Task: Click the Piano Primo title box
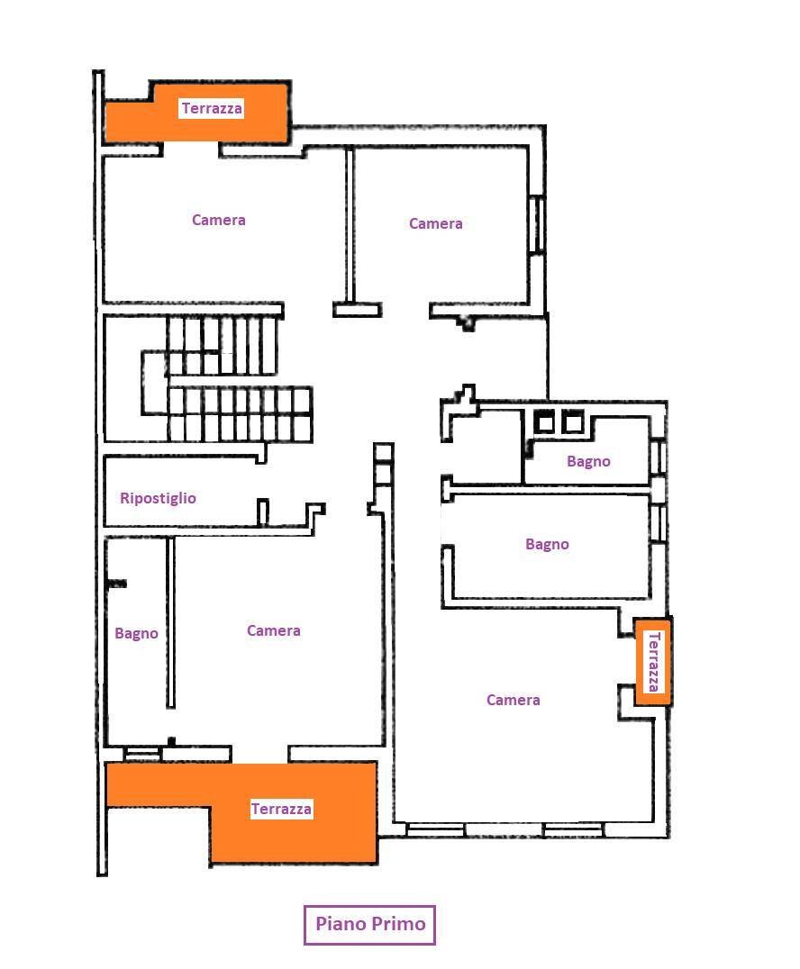[369, 925]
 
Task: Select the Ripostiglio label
[158, 498]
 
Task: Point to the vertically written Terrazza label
[653, 661]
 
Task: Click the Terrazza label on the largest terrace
[281, 809]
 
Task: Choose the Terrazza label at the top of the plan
[212, 109]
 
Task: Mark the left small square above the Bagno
[544, 421]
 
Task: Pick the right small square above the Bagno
[572, 421]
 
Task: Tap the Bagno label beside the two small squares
[588, 462]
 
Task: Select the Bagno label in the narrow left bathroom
[136, 633]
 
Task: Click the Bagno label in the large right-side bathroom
[547, 545]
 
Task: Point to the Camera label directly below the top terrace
[218, 220]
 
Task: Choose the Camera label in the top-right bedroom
[436, 223]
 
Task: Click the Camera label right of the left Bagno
[273, 631]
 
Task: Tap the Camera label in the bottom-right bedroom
[514, 700]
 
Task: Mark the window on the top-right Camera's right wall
[537, 223]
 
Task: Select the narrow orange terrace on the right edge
[653, 661]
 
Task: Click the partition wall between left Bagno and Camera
[170, 622]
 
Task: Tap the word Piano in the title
[341, 924]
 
